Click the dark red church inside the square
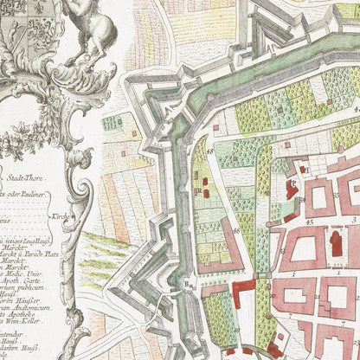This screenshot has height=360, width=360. (336, 243)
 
